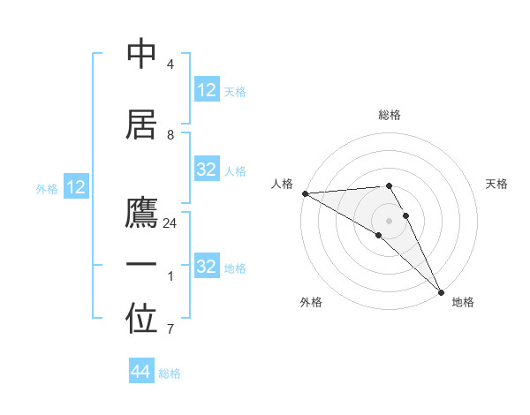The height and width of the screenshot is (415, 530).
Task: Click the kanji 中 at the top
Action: pyautogui.click(x=142, y=55)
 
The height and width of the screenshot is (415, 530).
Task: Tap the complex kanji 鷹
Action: pyautogui.click(x=142, y=215)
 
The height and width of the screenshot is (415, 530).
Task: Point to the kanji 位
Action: pyautogui.click(x=142, y=321)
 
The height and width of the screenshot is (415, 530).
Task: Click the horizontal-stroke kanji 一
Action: pyautogui.click(x=142, y=266)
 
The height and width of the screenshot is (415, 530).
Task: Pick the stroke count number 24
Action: pyautogui.click(x=170, y=223)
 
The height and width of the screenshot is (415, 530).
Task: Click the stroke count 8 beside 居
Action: pyautogui.click(x=170, y=135)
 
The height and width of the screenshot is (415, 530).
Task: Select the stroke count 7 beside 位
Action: pyautogui.click(x=170, y=329)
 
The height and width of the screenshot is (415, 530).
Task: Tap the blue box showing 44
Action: pyautogui.click(x=141, y=372)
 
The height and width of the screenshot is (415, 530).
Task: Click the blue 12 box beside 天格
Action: pyautogui.click(x=207, y=90)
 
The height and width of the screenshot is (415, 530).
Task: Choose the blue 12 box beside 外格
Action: pyautogui.click(x=76, y=187)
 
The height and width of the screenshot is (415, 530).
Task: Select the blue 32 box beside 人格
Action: pyautogui.click(x=207, y=170)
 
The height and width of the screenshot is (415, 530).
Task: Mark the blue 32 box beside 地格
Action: pyautogui.click(x=207, y=267)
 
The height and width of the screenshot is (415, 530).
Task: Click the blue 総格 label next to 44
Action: pyautogui.click(x=170, y=373)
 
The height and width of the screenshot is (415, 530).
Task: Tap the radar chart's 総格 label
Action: pyautogui.click(x=390, y=115)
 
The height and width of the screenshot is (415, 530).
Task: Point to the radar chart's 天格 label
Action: pyautogui.click(x=497, y=184)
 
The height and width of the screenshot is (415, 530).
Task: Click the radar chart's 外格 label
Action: pyautogui.click(x=311, y=302)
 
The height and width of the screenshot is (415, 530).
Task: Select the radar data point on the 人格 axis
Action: pyautogui.click(x=305, y=193)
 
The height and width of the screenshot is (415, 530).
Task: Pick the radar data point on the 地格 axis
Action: pyautogui.click(x=441, y=290)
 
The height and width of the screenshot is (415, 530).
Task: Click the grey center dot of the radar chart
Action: pyautogui.click(x=389, y=220)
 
